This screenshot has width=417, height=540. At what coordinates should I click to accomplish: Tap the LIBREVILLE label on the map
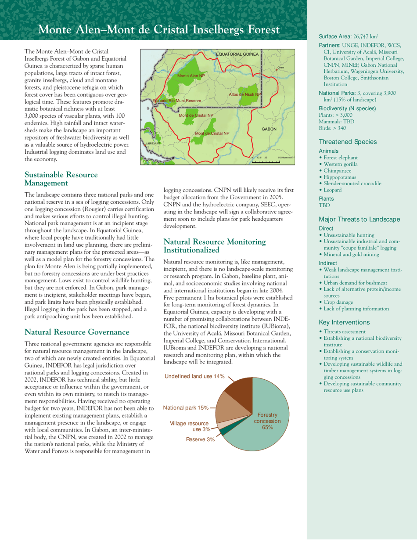154,143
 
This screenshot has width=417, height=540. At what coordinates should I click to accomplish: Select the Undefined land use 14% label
195,377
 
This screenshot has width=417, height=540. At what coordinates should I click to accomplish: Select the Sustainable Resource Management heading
61,179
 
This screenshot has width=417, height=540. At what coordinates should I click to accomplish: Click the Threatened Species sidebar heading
343,142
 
